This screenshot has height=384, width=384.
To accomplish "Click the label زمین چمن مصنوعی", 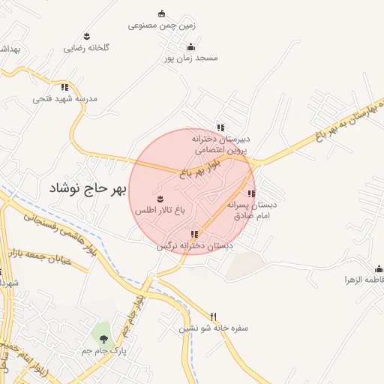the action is [161, 25].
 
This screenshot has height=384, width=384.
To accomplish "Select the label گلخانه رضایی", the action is [86, 47].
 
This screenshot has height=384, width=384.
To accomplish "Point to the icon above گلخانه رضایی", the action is [87, 36].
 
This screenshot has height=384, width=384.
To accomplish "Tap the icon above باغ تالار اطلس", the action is [160, 199].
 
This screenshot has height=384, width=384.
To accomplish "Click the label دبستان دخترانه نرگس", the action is [195, 246].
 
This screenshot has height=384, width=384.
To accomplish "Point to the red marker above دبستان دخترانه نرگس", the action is [195, 234].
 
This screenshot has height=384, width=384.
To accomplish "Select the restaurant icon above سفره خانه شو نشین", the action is [214, 316].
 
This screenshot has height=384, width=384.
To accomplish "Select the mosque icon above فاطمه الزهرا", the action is [379, 268].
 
